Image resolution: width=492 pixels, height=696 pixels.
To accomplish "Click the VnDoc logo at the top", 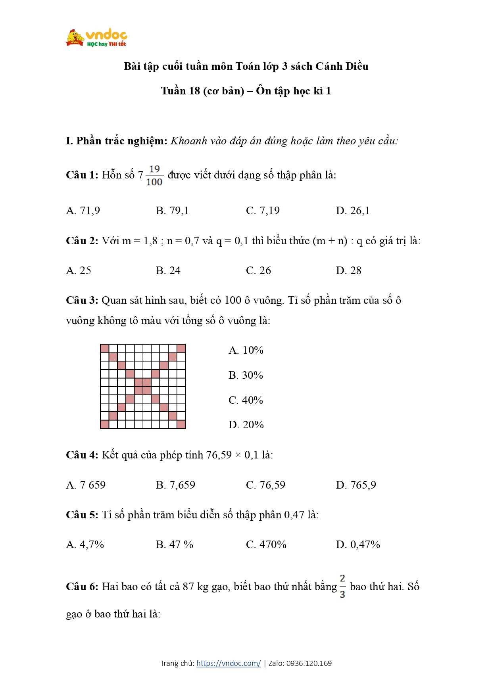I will [96, 38].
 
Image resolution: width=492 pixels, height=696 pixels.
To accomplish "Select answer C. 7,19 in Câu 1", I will [263, 211].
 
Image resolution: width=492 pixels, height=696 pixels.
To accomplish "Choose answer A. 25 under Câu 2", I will [79, 270].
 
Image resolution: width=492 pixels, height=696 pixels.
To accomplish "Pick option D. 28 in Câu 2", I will [348, 270].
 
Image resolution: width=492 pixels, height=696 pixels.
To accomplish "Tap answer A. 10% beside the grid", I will [246, 350].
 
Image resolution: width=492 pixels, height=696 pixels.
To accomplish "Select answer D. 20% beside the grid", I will [246, 425].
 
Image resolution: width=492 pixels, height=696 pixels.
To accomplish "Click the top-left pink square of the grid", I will [104, 349].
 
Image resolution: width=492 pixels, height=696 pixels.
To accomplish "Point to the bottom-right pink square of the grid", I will [181, 424].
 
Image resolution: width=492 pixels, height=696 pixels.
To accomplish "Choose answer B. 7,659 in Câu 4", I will [175, 485].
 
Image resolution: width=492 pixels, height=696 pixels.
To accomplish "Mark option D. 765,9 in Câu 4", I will [356, 485].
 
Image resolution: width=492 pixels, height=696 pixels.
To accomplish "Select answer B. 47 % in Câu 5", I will [175, 545].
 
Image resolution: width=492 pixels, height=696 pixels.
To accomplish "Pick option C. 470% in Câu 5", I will [266, 545].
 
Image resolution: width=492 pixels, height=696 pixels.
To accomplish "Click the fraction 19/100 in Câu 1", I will [154, 176].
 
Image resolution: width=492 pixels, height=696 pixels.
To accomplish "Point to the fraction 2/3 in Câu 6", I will [342, 586].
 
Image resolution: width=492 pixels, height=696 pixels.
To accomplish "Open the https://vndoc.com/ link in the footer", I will [229, 663].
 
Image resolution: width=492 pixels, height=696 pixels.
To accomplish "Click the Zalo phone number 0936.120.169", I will [309, 663].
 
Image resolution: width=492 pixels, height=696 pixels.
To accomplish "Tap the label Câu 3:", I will [82, 300].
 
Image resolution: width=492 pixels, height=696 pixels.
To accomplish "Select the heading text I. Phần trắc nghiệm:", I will [117, 141].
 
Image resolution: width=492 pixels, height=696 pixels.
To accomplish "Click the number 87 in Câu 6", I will [188, 587].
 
